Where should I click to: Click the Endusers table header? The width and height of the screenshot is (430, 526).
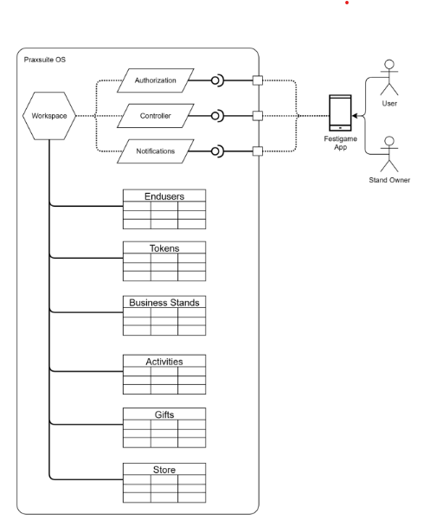(x=164, y=196)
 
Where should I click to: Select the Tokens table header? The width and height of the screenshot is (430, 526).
(x=164, y=248)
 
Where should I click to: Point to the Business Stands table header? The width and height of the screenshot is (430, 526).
(x=164, y=303)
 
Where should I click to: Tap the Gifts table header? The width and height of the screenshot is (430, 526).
(x=164, y=414)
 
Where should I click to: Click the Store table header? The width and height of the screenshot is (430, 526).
(x=164, y=470)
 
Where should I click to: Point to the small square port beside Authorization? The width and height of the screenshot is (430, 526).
(x=257, y=80)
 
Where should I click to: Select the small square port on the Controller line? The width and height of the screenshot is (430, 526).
(x=257, y=116)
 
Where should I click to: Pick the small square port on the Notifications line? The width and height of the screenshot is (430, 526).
(x=257, y=151)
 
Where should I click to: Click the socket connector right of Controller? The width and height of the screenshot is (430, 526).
(x=218, y=116)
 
